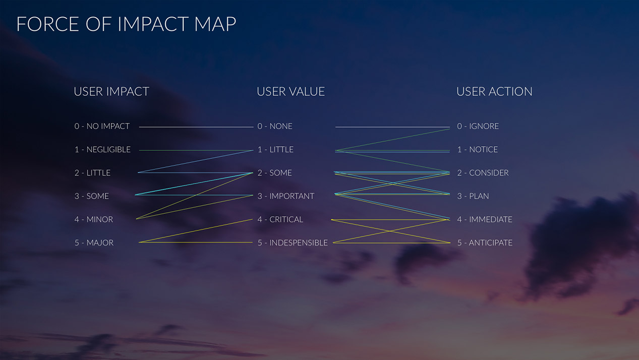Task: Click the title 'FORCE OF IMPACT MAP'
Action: [x=126, y=24]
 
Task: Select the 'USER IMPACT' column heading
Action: [x=111, y=92]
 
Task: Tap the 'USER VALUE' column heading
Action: [x=291, y=92]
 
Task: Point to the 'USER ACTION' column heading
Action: [x=494, y=92]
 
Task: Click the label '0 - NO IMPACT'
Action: [x=102, y=126]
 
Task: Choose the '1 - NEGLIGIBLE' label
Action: [x=102, y=149]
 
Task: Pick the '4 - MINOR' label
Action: [x=94, y=219]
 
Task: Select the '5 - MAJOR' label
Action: [x=94, y=243]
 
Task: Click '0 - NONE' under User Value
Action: [x=275, y=126]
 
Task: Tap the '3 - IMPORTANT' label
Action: [x=285, y=196]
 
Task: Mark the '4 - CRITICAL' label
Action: [x=280, y=219]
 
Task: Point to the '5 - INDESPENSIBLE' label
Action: [x=293, y=243]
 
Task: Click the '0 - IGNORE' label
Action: [x=478, y=126]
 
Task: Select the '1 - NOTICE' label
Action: [x=477, y=149]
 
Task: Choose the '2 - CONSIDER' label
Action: [x=483, y=173]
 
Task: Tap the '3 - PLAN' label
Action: [x=473, y=196]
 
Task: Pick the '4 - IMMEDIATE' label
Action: [x=484, y=219]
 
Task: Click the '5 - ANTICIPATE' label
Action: [x=485, y=243]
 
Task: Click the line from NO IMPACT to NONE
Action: [x=196, y=127]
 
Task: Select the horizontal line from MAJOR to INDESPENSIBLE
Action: [x=196, y=242]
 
